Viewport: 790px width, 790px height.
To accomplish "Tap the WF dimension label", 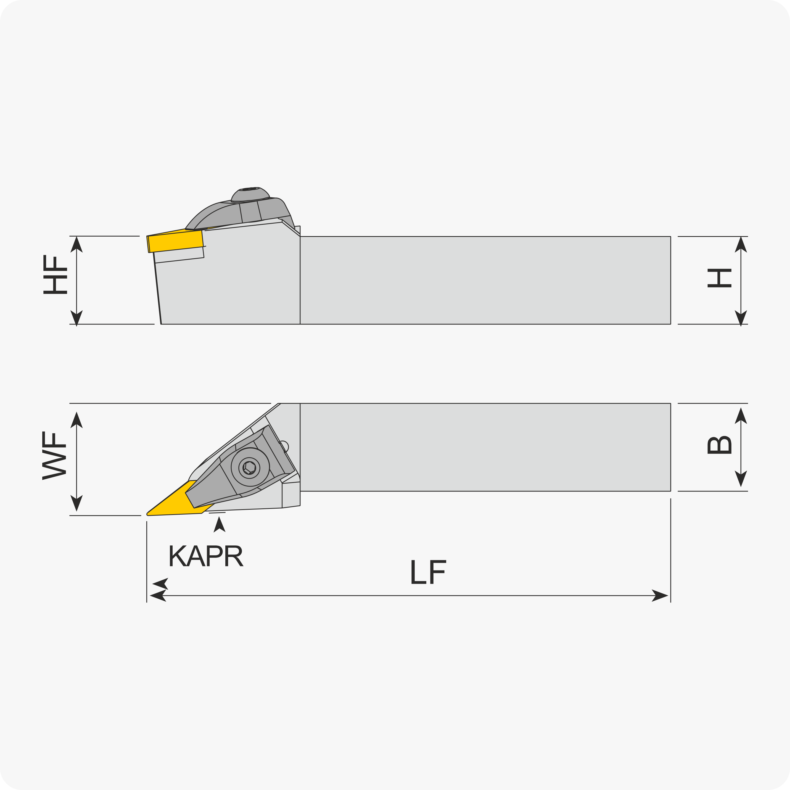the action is click(x=54, y=456).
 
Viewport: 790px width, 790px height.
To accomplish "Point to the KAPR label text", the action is click(x=206, y=556).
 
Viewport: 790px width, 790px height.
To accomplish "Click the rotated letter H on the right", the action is click(x=719, y=278).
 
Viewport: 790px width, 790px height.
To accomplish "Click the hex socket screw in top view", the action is click(x=249, y=468).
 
